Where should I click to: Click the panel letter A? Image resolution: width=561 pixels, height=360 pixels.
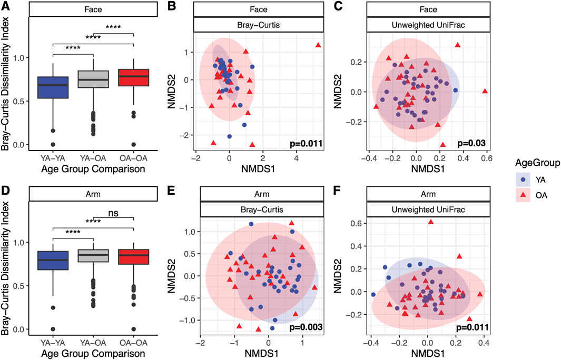[5, 6]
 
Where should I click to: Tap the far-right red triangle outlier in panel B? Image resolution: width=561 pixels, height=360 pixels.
[319, 45]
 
